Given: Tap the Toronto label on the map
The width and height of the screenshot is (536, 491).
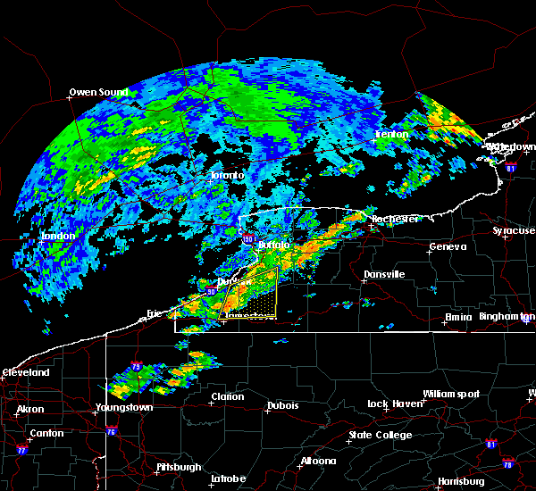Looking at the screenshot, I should click(227, 175).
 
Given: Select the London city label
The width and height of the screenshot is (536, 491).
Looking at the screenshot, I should click(58, 236).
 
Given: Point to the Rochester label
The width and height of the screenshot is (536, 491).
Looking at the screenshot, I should click(395, 218).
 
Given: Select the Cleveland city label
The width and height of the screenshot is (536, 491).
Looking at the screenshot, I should click(23, 371).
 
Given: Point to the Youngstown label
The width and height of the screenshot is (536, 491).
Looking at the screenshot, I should click(124, 407).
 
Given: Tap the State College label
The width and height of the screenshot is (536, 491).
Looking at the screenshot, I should click(380, 435).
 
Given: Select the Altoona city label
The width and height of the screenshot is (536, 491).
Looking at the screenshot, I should click(318, 461).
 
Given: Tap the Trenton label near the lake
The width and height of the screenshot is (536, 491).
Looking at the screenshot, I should click(391, 134).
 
